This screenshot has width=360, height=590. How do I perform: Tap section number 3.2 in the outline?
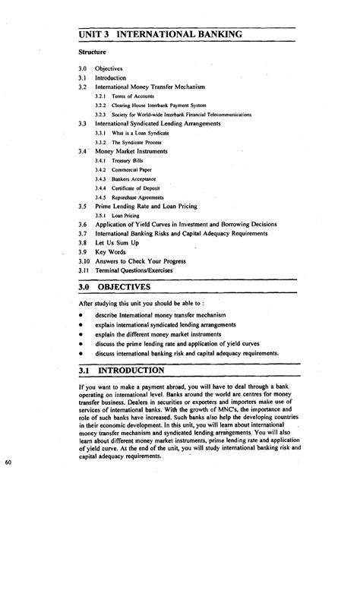pos(82,87)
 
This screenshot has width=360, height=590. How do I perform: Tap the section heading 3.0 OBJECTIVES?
pos(125,288)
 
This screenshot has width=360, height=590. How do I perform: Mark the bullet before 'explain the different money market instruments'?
pos(78,333)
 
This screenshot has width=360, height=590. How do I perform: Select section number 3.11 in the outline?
pos(84,270)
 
